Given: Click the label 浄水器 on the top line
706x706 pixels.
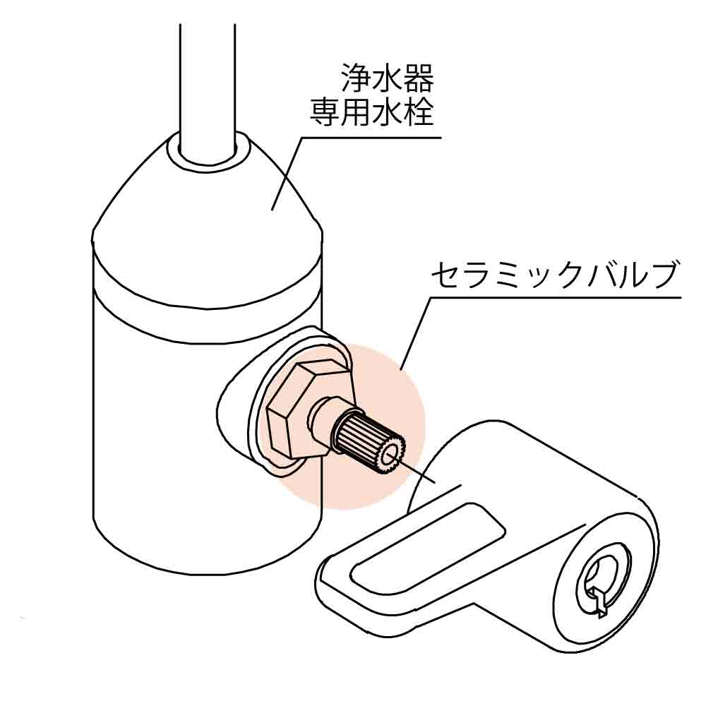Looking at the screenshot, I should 387,78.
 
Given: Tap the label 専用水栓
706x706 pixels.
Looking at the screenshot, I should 371,112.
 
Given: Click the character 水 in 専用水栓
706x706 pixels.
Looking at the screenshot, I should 387,112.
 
